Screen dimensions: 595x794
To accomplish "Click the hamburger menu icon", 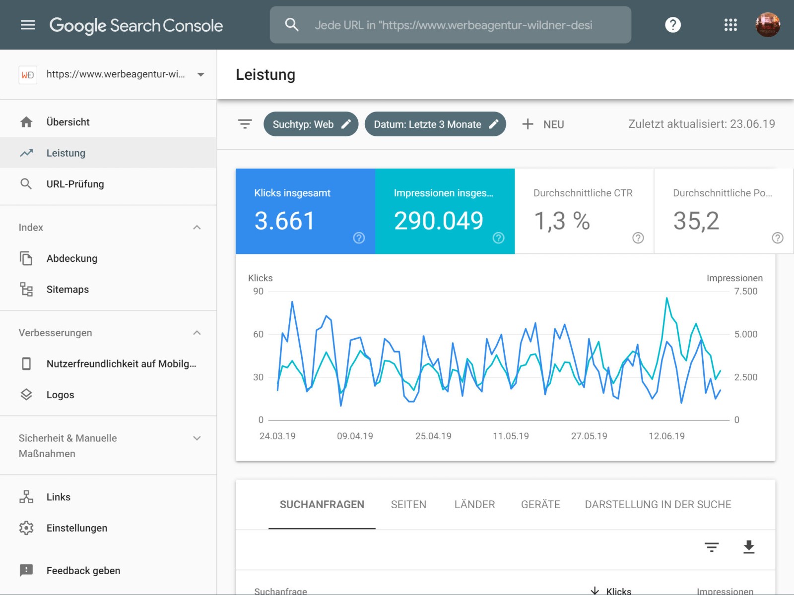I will click(28, 25).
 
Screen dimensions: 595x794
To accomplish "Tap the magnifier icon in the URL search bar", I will click(292, 25).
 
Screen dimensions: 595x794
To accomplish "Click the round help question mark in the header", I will click(672, 25).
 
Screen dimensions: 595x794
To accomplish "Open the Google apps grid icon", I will click(730, 25).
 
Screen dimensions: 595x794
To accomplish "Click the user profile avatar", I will click(767, 25).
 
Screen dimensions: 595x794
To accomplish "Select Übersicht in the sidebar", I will click(68, 122).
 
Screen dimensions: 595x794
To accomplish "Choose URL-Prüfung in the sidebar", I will click(75, 184).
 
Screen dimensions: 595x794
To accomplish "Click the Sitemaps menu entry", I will click(67, 290).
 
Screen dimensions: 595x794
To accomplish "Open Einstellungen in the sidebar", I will click(76, 528).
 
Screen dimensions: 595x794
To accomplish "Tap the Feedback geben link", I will click(83, 571).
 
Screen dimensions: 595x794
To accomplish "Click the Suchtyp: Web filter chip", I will click(303, 124).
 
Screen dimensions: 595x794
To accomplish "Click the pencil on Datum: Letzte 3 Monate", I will click(493, 124).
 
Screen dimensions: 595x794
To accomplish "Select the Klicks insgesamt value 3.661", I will click(284, 221).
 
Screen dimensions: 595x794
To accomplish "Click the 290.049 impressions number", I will click(438, 221).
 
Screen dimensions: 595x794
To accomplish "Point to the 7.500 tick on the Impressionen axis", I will click(745, 292).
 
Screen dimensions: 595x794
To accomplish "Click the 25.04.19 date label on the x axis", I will click(433, 436).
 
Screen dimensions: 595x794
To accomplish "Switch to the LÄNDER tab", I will click(474, 505).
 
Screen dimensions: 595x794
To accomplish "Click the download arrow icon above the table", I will click(748, 547).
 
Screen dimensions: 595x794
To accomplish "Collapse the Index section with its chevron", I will click(197, 228).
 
